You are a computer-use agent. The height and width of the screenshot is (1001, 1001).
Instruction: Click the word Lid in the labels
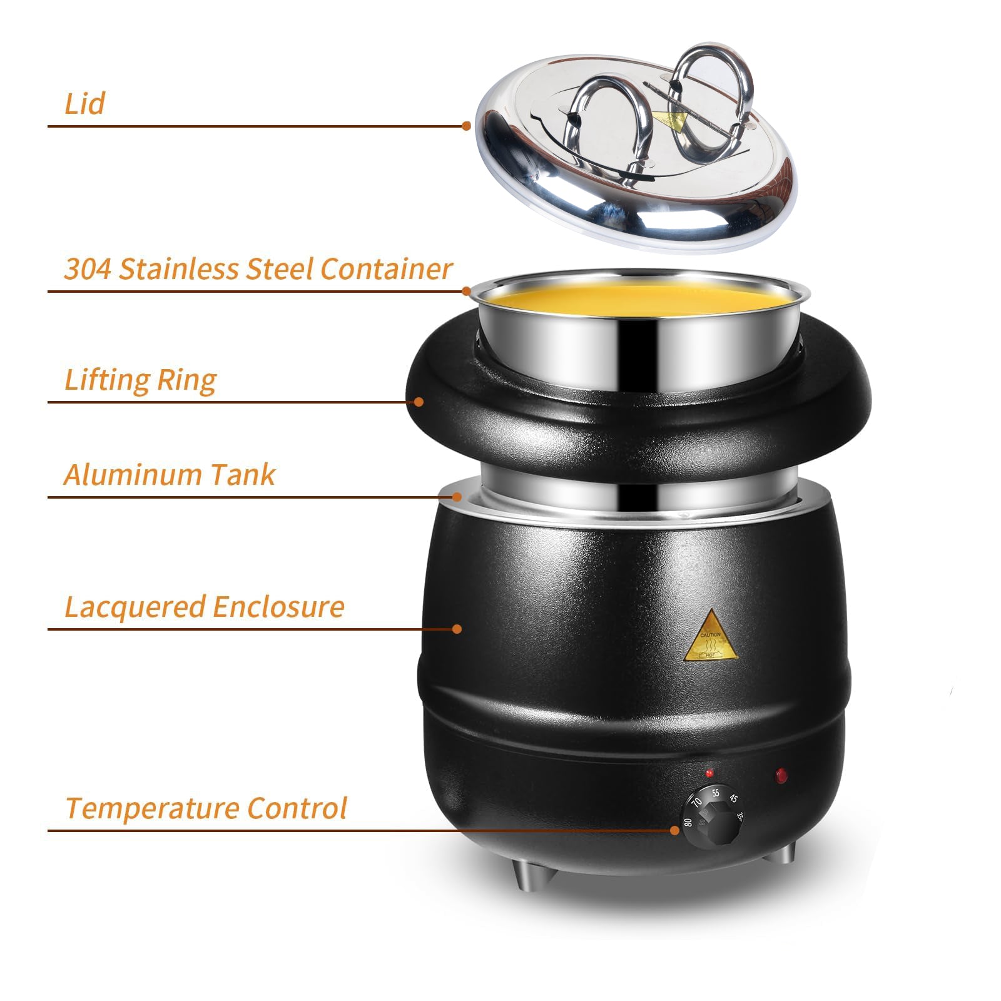coord(84,104)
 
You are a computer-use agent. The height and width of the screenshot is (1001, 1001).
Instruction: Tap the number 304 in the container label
coord(88,270)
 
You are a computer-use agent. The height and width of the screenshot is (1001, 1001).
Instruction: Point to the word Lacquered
coord(135,607)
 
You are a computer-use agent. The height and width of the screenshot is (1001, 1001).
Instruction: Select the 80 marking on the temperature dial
coord(688,822)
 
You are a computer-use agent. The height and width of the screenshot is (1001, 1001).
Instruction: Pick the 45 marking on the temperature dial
coord(733,799)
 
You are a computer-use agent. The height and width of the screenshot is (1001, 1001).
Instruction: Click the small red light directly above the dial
coord(709,773)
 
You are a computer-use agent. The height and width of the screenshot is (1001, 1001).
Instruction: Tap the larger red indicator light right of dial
coord(780,776)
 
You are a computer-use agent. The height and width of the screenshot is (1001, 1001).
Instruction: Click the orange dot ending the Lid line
coord(466,126)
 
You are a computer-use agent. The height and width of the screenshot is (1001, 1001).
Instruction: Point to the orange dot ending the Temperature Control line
coord(674,830)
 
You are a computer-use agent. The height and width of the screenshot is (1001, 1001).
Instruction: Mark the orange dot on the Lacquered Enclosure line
coord(457,628)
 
